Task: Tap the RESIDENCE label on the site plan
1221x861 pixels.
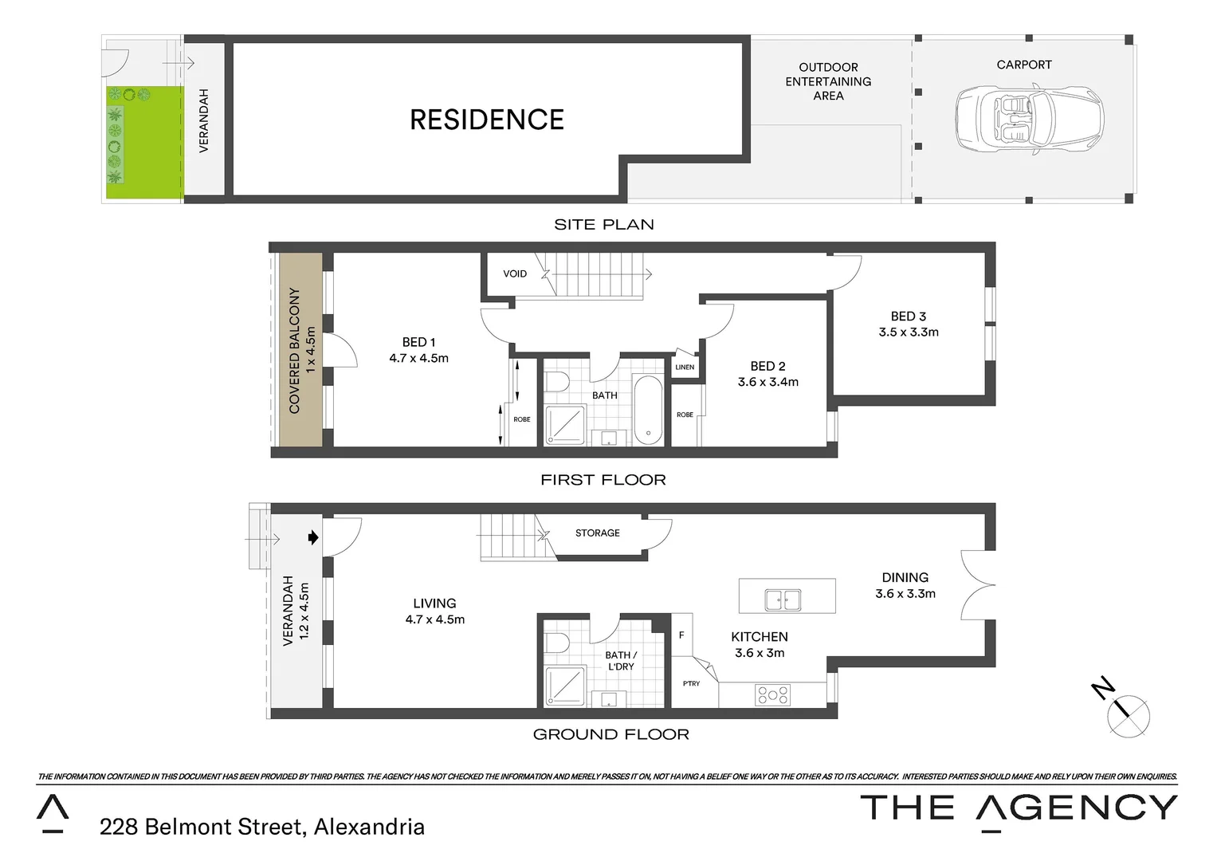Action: (486, 120)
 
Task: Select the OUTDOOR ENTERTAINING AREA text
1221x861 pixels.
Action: (828, 81)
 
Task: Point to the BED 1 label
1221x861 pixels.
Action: (418, 342)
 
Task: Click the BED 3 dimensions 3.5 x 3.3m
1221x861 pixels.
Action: (909, 332)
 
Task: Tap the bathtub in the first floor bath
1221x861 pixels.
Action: (647, 409)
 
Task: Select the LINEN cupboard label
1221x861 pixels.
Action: (685, 368)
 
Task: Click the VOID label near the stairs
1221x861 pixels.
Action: (515, 273)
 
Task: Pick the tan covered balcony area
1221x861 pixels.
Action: (300, 351)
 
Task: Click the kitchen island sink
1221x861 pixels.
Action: (783, 599)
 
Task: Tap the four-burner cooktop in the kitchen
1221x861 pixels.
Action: (772, 694)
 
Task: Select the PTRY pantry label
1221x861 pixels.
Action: (691, 683)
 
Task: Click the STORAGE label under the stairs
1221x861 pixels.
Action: (597, 533)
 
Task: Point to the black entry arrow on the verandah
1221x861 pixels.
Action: (313, 537)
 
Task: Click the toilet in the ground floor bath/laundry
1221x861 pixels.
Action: (556, 642)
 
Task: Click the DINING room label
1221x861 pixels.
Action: (905, 577)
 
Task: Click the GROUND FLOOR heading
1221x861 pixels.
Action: (610, 734)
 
